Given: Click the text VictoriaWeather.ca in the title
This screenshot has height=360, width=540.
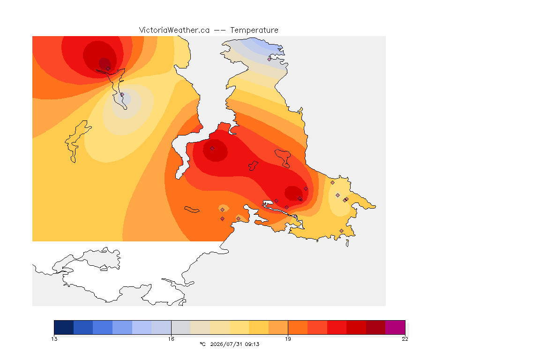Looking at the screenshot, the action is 174,30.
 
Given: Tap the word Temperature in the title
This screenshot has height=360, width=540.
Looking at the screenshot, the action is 254,30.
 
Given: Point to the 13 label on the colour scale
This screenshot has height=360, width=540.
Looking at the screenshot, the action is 54,339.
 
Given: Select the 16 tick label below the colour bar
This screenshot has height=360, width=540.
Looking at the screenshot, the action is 171,339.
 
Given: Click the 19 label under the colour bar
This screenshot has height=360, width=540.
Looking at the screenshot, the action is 288,339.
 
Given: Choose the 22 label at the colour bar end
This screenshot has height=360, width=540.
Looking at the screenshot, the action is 405,339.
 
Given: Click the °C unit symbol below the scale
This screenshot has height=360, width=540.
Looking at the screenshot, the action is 202,344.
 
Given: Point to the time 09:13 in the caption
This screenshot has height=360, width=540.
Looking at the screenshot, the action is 251,344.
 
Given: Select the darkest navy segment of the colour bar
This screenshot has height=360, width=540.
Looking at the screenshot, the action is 64,327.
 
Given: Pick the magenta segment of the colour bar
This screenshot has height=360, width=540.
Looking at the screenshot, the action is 395,327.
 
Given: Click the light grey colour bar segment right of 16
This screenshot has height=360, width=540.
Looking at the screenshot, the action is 181,327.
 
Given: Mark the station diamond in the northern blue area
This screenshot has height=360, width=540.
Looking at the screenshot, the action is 270,59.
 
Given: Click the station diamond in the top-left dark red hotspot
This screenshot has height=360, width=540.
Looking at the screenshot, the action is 108,68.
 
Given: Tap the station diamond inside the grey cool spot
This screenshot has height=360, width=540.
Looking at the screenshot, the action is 122,94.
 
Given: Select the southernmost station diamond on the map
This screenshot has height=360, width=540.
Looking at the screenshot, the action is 341,231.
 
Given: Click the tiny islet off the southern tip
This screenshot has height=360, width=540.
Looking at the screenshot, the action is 347,243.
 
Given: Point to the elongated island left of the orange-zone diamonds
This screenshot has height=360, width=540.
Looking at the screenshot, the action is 192,210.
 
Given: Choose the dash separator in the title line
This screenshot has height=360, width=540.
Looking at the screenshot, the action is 220,30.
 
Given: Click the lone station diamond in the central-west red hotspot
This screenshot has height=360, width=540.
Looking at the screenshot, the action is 212,149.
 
